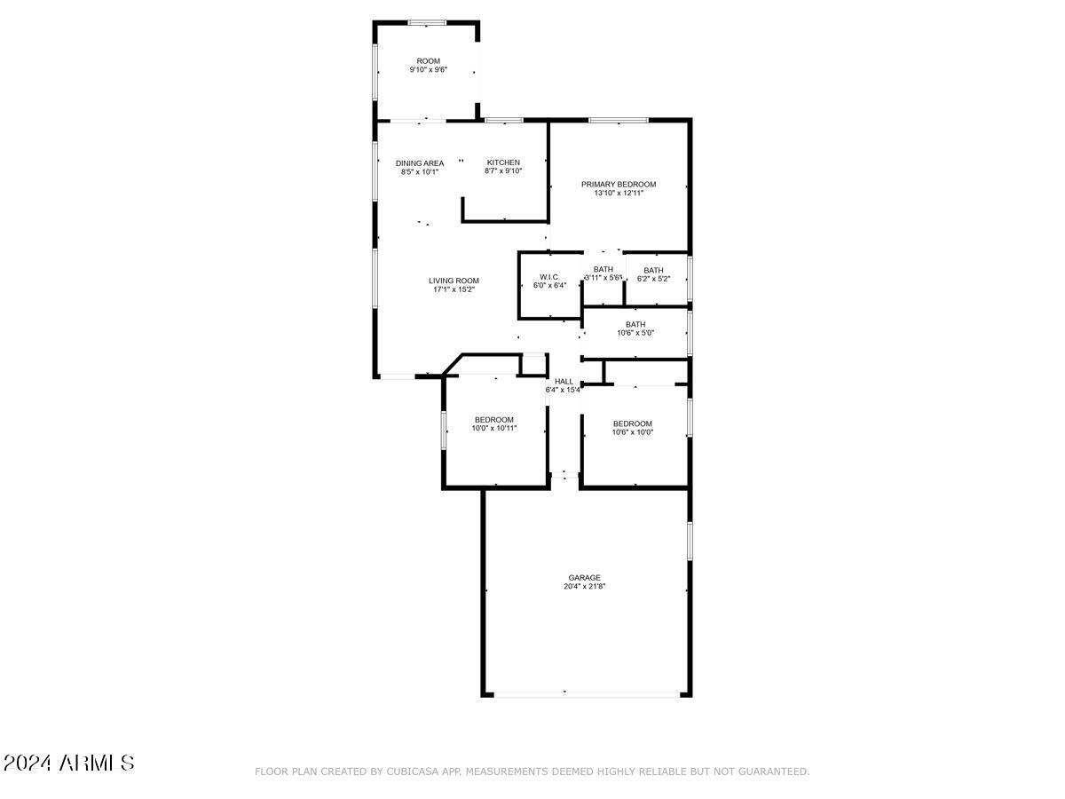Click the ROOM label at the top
click(429, 61)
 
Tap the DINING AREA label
click(420, 163)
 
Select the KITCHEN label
click(503, 162)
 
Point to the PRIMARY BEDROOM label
click(619, 185)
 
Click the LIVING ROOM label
click(454, 281)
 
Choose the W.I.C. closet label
click(549, 277)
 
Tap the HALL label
click(564, 382)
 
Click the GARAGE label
click(585, 578)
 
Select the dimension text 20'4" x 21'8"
click(585, 586)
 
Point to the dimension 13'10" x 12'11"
click(619, 193)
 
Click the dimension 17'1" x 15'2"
click(454, 289)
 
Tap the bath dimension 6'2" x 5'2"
click(653, 279)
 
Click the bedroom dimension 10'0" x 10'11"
click(494, 429)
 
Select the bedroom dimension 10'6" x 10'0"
click(633, 432)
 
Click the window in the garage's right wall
click(690, 542)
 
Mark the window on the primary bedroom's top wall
click(619, 120)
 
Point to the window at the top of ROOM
click(427, 23)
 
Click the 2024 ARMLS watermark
click(68, 763)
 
